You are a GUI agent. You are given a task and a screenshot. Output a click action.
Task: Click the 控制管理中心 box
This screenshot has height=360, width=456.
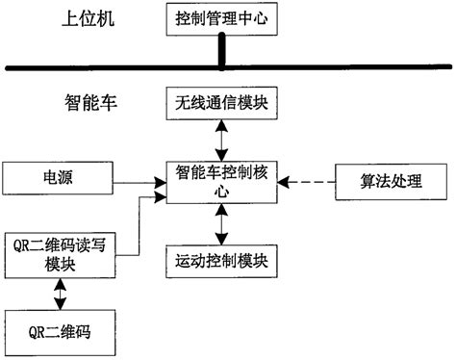(x=222, y=18)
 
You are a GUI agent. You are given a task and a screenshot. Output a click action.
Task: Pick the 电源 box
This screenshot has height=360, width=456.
(x=59, y=178)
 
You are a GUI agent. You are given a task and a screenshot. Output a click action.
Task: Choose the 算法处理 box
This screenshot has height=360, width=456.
(x=391, y=179)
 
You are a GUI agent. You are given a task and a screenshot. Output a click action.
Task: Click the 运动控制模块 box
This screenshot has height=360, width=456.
(x=222, y=259)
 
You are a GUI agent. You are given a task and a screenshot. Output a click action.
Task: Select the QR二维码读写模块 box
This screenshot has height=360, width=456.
(x=59, y=254)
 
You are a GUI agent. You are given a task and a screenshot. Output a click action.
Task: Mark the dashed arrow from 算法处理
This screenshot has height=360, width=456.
(x=307, y=180)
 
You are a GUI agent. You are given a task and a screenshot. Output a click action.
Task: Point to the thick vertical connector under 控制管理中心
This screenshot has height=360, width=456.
(x=222, y=51)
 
